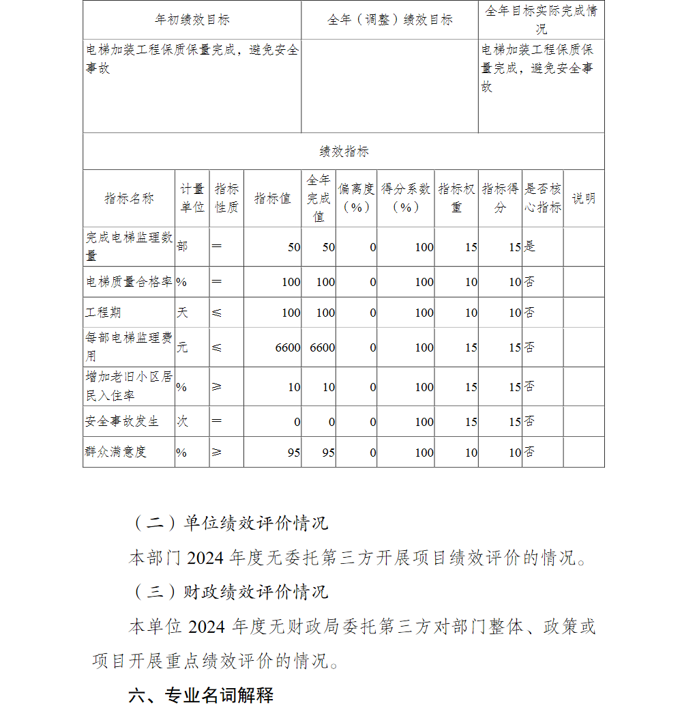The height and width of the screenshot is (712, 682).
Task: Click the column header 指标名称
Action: (129, 199)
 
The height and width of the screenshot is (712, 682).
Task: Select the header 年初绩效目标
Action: (192, 20)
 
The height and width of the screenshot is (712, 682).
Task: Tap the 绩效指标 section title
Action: (344, 152)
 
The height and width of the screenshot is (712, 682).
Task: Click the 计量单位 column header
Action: (192, 199)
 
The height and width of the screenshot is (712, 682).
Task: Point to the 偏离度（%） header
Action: (356, 198)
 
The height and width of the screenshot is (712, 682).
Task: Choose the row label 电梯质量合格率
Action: (129, 282)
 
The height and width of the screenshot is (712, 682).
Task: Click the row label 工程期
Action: (103, 313)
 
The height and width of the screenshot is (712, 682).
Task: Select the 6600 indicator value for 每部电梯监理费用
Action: (287, 347)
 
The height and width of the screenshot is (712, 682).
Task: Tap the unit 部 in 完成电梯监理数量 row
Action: (182, 246)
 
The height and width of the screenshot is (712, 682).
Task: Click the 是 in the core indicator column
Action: (530, 246)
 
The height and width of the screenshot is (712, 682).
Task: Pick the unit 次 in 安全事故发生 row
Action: (182, 421)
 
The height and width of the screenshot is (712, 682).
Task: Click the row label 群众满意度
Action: (116, 452)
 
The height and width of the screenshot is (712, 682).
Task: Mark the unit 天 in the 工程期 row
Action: (182, 313)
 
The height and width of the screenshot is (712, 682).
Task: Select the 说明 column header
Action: (583, 199)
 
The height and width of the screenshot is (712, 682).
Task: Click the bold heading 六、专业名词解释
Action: (201, 696)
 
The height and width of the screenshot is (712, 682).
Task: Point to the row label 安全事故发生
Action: (122, 421)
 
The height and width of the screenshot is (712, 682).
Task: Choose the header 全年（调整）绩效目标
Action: (389, 20)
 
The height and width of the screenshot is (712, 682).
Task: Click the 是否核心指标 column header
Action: (543, 199)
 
